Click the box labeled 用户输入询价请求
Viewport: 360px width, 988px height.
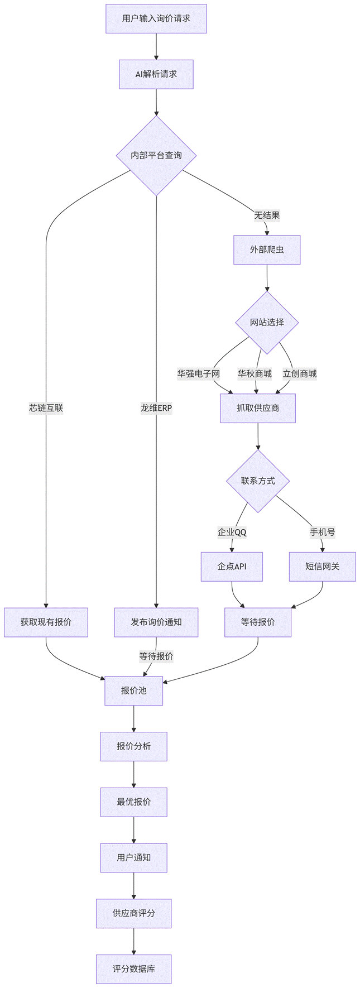[156, 18]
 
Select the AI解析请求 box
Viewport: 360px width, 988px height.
[156, 74]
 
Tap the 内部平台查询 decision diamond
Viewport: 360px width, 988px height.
[156, 155]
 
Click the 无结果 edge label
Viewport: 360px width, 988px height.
[267, 215]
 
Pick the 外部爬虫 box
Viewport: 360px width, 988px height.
[267, 250]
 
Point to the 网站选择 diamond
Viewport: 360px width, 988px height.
[267, 322]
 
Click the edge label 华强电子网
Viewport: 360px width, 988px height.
[199, 373]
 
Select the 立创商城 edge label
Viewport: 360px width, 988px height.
[300, 373]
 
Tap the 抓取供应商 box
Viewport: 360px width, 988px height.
[258, 408]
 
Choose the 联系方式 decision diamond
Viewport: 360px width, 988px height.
[258, 481]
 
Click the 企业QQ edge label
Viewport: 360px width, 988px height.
[232, 532]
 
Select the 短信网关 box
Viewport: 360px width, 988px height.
[322, 566]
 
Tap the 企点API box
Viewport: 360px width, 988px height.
[232, 566]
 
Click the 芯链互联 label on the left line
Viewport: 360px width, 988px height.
[46, 408]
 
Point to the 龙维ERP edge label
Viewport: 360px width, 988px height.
[156, 408]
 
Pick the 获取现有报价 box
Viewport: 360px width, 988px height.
[46, 622]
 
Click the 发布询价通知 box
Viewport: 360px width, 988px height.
[156, 622]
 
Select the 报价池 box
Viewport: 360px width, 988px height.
[134, 690]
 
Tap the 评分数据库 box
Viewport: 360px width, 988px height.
[134, 969]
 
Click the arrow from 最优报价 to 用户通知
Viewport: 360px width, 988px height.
[134, 830]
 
